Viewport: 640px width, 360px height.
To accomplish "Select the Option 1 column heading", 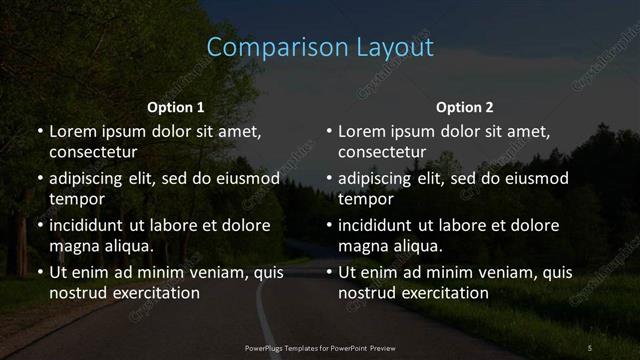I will pos(176,107).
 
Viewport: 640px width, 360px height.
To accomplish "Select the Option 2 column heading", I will pos(465,107).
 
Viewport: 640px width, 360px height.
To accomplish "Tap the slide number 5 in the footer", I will pos(590,347).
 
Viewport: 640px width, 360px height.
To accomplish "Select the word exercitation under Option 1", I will pos(152,293).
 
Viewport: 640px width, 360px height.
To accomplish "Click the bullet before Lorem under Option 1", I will pos(39,132).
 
